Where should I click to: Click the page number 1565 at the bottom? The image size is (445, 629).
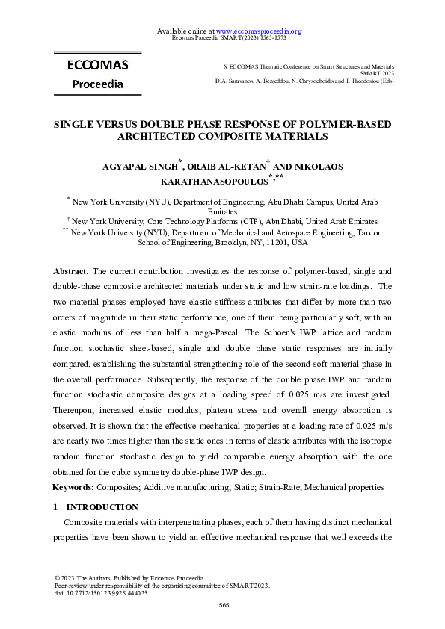222,604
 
